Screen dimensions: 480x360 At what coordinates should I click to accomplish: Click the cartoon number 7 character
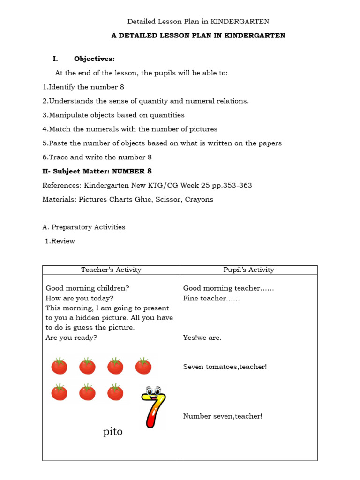[x=154, y=407]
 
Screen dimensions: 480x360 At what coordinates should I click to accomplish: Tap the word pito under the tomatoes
[x=113, y=432]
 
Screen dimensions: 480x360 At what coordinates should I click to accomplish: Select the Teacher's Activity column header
[x=111, y=270]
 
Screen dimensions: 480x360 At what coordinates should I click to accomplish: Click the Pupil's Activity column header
[x=248, y=270]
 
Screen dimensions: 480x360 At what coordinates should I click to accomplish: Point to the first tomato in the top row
[x=59, y=366]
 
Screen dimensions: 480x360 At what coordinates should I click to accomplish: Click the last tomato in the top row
[x=143, y=366]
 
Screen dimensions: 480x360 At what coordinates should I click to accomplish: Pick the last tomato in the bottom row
[x=115, y=392]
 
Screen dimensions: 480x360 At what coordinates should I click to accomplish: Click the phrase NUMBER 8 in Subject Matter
[x=132, y=171]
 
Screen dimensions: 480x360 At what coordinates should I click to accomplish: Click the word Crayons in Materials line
[x=199, y=199]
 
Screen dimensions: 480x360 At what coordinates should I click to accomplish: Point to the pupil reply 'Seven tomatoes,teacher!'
[x=225, y=367]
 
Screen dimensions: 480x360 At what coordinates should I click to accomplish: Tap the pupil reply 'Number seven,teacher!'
[x=223, y=416]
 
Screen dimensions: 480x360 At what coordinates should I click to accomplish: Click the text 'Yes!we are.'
[x=202, y=337]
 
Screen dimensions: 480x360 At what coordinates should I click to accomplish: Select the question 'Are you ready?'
[x=71, y=337]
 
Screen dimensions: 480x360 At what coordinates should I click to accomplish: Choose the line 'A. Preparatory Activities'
[x=84, y=227]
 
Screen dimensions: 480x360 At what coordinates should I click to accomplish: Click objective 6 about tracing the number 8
[x=97, y=157]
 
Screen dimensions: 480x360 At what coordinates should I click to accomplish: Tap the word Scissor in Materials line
[x=166, y=199]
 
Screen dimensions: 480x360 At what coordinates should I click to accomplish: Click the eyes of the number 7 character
[x=152, y=390]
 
